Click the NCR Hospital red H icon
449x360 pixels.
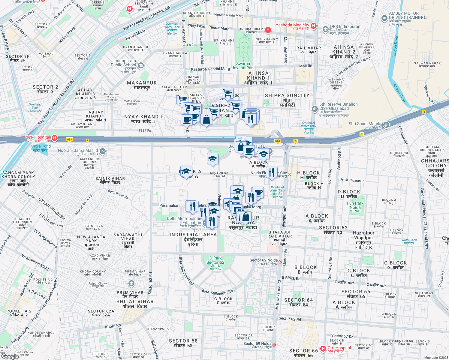pos(55,138)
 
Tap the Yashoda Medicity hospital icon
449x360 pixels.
pos(314,26)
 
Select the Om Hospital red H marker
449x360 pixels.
pos(323,349)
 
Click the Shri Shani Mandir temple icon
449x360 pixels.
pos(386,125)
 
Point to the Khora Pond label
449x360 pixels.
pos(41,148)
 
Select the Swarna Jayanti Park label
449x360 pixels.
pos(243,66)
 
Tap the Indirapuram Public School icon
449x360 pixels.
pos(141,66)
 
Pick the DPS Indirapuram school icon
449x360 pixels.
pos(326,29)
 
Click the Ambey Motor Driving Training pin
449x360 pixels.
pos(384,18)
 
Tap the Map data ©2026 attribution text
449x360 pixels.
pos(436,358)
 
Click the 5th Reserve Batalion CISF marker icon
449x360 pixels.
pos(315,109)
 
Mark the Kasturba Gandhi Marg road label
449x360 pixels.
pos(210,69)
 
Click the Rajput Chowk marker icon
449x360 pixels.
pos(131,283)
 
